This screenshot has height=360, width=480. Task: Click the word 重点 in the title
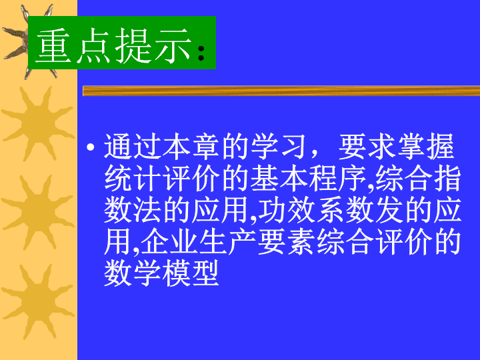(73, 45)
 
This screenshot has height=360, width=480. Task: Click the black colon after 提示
(201, 53)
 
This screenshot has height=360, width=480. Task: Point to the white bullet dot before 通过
(91, 147)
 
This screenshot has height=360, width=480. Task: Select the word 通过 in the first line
(133, 146)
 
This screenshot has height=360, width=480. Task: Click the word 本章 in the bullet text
(191, 146)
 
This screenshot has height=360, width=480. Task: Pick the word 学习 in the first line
(279, 146)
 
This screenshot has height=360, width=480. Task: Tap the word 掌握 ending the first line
(426, 146)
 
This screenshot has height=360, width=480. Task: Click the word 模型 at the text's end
(191, 273)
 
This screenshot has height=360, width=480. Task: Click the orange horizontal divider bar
(281, 91)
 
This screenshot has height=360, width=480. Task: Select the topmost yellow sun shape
(38, 124)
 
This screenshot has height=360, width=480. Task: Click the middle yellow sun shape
(38, 212)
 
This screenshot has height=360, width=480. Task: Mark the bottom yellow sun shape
(38, 301)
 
